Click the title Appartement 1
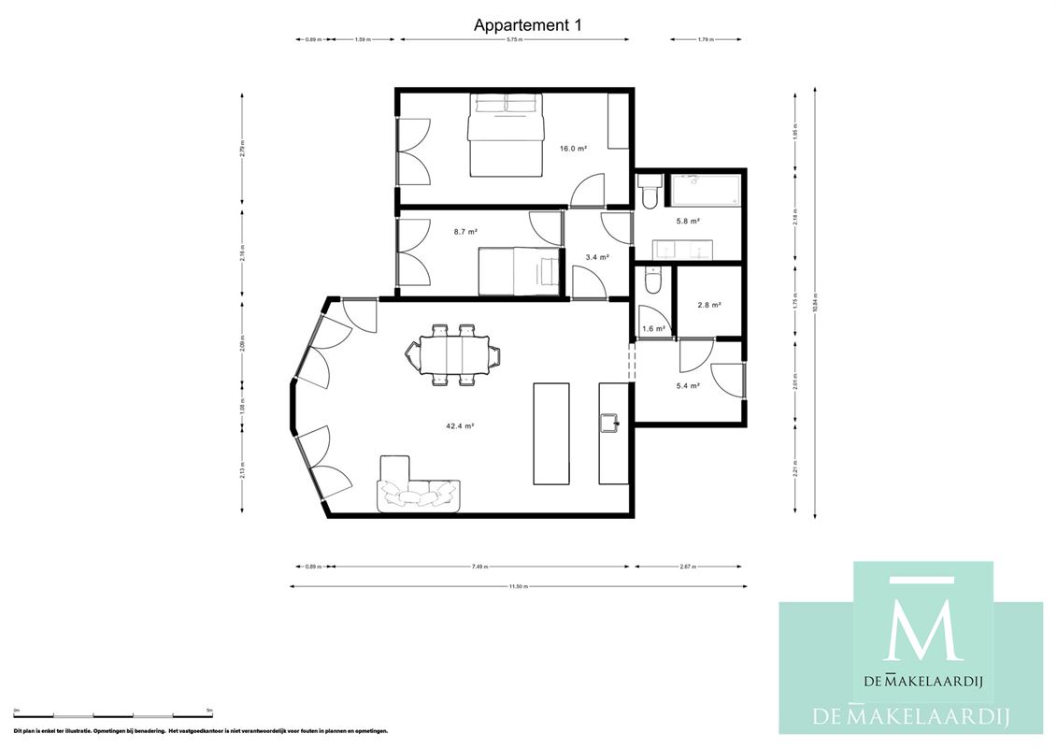click(x=528, y=25)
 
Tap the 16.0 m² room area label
click(x=573, y=149)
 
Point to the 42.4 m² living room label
click(x=460, y=425)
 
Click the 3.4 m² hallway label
click(x=597, y=257)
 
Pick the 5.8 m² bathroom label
click(x=688, y=222)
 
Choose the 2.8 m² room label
click(x=708, y=305)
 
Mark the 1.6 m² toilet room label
click(x=654, y=328)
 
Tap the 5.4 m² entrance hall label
click(x=687, y=385)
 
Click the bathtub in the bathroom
click(x=704, y=193)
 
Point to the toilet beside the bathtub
click(x=649, y=194)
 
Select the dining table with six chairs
click(x=453, y=354)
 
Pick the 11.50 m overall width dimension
click(x=519, y=586)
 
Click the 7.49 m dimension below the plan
click(x=480, y=567)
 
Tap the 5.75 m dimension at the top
click(x=512, y=40)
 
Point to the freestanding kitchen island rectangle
click(x=550, y=433)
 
